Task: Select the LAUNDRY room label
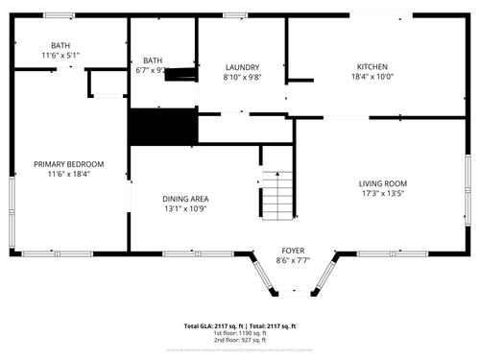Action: (x=243, y=66)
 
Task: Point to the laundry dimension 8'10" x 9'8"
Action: (x=243, y=77)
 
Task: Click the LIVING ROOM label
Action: (x=383, y=184)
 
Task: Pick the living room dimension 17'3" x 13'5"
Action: (x=383, y=195)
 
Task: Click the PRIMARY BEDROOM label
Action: (x=69, y=164)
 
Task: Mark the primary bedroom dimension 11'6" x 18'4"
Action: (x=69, y=175)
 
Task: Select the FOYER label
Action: (x=293, y=250)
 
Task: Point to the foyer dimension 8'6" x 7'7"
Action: (x=293, y=260)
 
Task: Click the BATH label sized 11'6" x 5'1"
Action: (x=60, y=45)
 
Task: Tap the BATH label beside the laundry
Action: (x=152, y=60)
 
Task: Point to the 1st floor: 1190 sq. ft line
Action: (x=240, y=334)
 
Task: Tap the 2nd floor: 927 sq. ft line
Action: (x=240, y=341)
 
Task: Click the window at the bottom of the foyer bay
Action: (x=293, y=293)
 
